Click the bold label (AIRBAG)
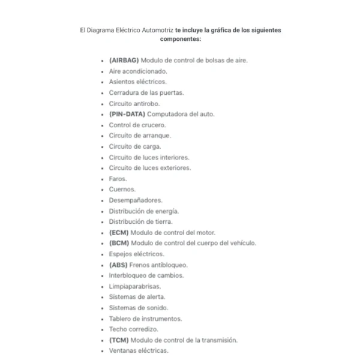pyautogui.click(x=124, y=61)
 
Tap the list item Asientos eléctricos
pyautogui.click(x=137, y=82)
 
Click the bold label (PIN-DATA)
pyautogui.click(x=127, y=114)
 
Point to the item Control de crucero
pyautogui.click(x=137, y=125)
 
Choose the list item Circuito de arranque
pyautogui.click(x=136, y=136)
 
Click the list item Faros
pyautogui.click(x=118, y=179)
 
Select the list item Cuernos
pyautogui.click(x=122, y=190)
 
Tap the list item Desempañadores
pyautogui.click(x=136, y=200)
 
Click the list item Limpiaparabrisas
pyautogui.click(x=135, y=286)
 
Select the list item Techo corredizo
pyautogui.click(x=134, y=329)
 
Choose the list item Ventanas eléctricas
pyautogui.click(x=139, y=350)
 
